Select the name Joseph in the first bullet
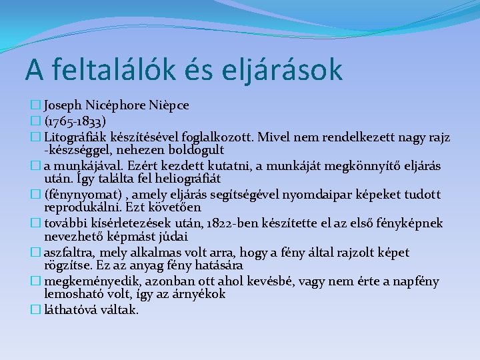click(x=65, y=105)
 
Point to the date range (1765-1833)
click(x=75, y=122)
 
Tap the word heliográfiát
click(x=182, y=179)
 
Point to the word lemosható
click(x=74, y=294)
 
